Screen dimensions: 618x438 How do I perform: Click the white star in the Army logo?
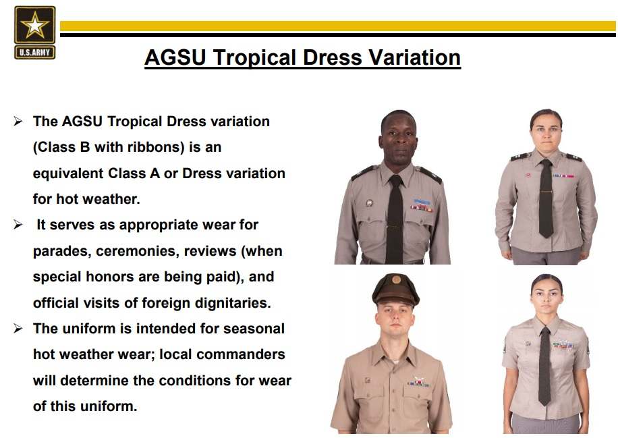click(x=34, y=25)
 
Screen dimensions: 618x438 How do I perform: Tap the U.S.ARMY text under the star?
click(x=34, y=53)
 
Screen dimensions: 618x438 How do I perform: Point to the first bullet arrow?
click(x=18, y=121)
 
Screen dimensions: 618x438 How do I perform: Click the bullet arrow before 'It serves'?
click(x=18, y=225)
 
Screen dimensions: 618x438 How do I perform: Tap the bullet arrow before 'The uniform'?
click(x=18, y=329)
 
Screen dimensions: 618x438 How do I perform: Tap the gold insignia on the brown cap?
click(x=397, y=280)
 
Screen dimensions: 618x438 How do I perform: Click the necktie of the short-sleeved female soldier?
click(x=544, y=366)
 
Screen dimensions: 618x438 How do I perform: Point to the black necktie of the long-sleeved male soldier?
click(x=395, y=219)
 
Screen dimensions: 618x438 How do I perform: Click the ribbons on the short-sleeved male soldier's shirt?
click(x=418, y=381)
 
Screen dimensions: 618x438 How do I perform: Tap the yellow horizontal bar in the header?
click(x=338, y=26)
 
